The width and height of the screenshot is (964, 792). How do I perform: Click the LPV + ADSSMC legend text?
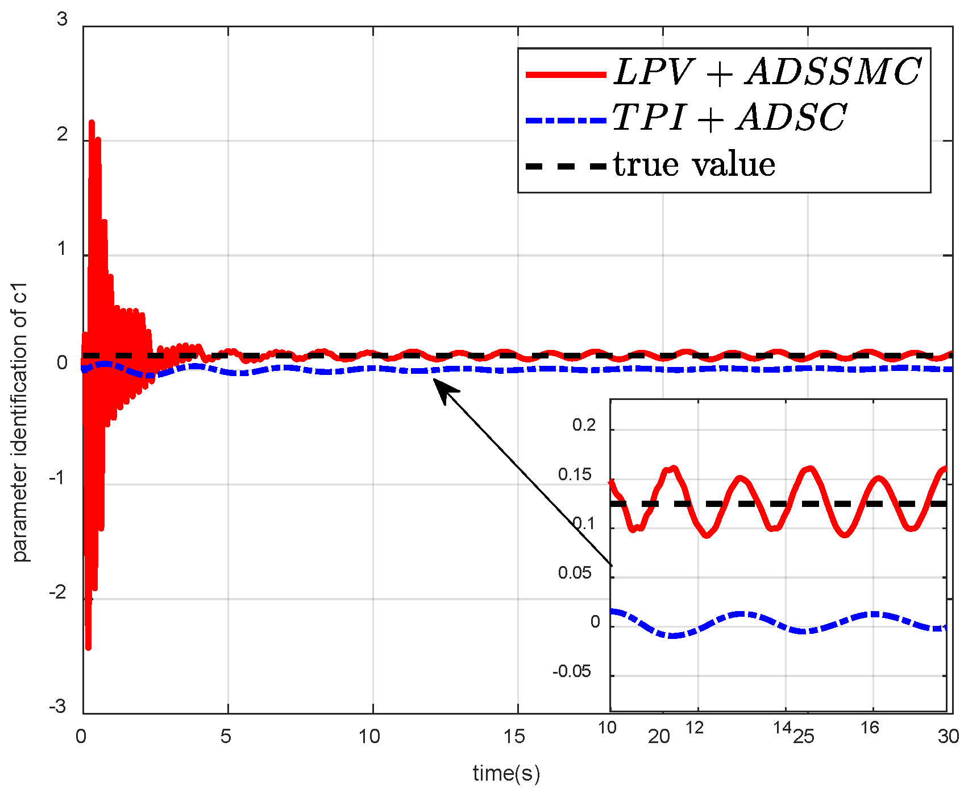click(x=767, y=72)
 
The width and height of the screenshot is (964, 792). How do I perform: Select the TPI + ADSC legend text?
click(x=729, y=118)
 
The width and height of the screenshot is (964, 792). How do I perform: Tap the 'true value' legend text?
click(x=695, y=165)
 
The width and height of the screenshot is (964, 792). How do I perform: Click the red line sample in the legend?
click(x=566, y=75)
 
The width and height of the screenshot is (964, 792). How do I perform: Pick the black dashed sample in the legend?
click(x=566, y=166)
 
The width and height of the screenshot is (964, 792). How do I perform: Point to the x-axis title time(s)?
click(x=506, y=773)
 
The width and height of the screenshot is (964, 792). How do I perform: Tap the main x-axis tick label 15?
click(x=514, y=737)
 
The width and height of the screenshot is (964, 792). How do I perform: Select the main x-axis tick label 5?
click(x=226, y=737)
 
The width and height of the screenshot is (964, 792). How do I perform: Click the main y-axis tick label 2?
click(x=62, y=135)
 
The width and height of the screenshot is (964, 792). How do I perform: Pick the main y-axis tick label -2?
click(x=58, y=593)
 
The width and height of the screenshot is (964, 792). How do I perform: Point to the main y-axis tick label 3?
click(x=62, y=20)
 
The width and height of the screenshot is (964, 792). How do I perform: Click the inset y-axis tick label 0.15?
click(x=575, y=475)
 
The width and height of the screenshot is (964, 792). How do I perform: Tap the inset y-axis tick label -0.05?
click(x=572, y=671)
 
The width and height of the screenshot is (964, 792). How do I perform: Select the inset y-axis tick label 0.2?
click(x=584, y=425)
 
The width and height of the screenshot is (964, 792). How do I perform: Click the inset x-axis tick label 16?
click(x=869, y=728)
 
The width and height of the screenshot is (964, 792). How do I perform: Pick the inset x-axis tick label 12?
click(x=694, y=728)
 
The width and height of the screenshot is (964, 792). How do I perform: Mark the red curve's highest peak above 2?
click(x=92, y=122)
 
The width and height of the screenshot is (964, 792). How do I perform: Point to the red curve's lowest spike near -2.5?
click(x=88, y=647)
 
